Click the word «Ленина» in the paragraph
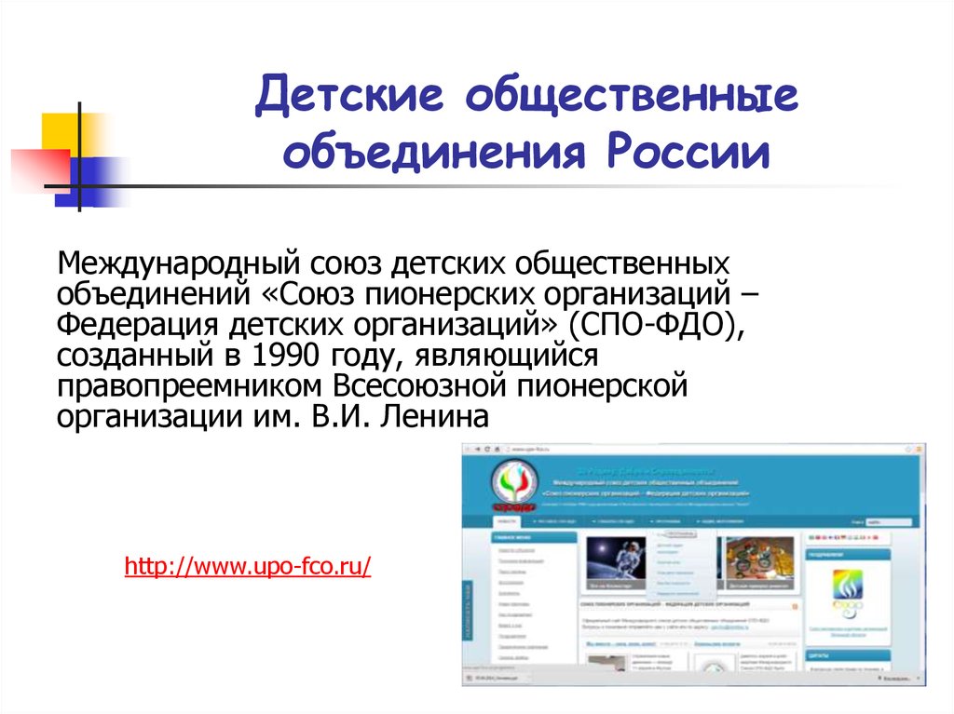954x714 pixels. click(432, 416)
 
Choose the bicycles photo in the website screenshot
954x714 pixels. click(758, 562)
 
